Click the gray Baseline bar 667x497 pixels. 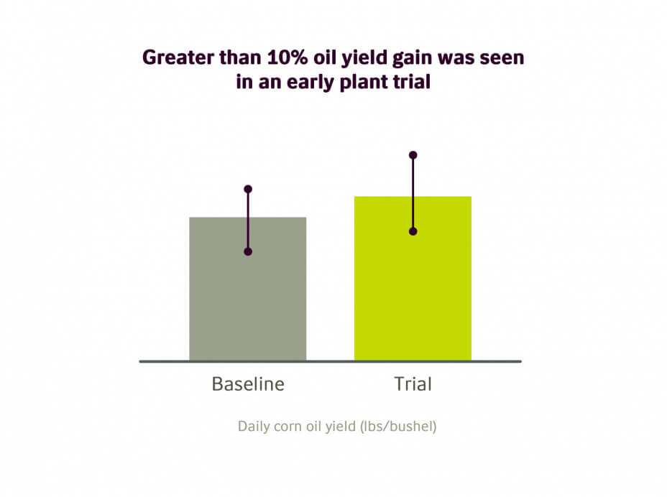[x=247, y=289]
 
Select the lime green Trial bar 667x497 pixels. [x=413, y=279]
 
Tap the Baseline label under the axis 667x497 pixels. [x=248, y=384]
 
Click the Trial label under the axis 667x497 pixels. [x=413, y=384]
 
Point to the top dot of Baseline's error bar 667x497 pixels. [x=248, y=189]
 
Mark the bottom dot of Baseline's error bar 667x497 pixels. [x=248, y=251]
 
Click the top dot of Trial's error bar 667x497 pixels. [x=413, y=155]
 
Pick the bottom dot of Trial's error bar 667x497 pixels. [x=413, y=232]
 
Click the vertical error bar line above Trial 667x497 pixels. [x=413, y=193]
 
